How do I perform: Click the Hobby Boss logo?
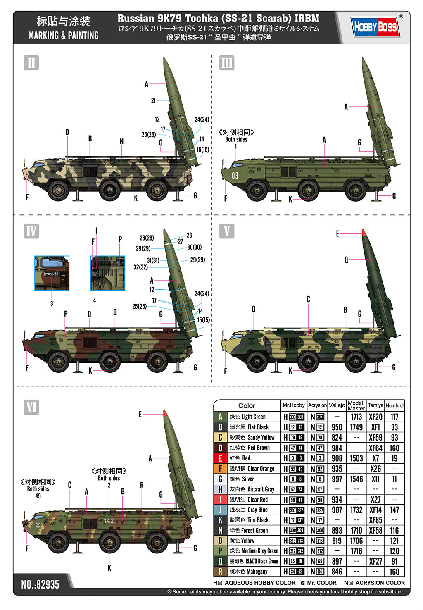click(375, 27)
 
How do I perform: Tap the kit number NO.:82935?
click(40, 584)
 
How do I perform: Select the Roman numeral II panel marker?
click(31, 63)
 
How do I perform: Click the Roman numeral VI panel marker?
click(31, 407)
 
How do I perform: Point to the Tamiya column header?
click(375, 405)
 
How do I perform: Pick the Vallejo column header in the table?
click(337, 405)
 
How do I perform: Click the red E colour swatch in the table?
click(220, 458)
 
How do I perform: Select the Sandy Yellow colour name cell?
click(252, 437)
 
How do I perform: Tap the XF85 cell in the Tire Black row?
click(375, 520)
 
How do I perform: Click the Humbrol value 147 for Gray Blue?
click(394, 510)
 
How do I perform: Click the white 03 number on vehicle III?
click(235, 176)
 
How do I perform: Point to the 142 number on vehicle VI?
click(109, 521)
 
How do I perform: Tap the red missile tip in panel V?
click(363, 232)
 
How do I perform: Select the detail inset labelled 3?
click(52, 273)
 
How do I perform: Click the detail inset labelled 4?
click(107, 273)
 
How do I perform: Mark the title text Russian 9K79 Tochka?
click(218, 19)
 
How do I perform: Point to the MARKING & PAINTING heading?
click(63, 36)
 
